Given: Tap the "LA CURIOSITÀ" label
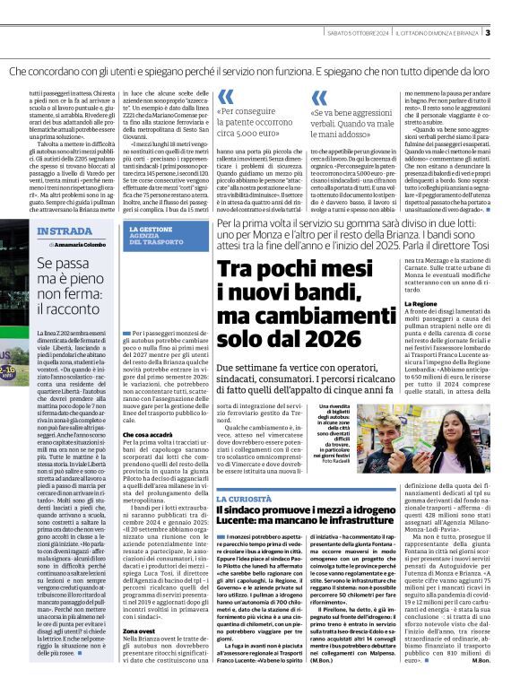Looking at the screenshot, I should (x=238, y=496).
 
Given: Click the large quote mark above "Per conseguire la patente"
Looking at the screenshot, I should (x=226, y=96).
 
